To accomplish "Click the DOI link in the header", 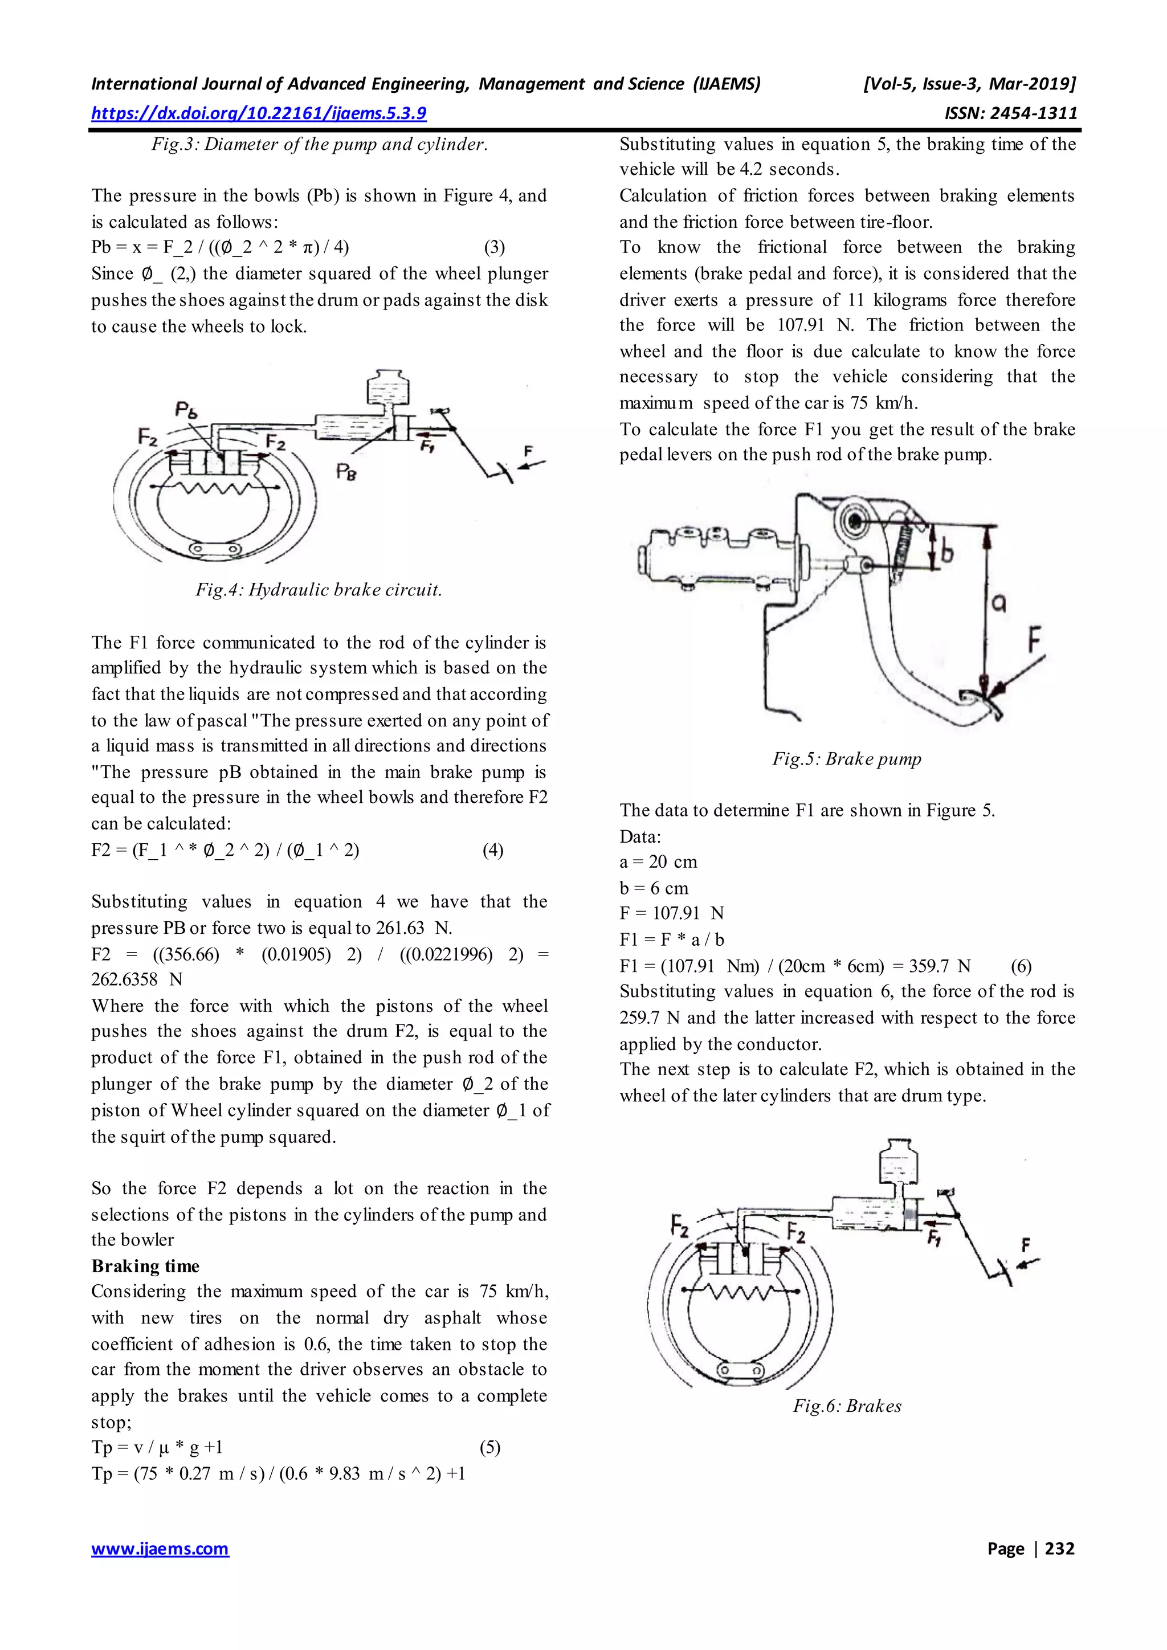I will click(259, 113).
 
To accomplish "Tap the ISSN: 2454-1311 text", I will click(1010, 113).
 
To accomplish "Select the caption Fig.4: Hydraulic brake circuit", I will click(319, 590).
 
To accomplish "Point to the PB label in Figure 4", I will click(346, 472).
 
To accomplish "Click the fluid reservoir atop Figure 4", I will click(387, 389).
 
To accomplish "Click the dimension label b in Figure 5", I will click(946, 552).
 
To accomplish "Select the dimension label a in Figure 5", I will click(998, 605).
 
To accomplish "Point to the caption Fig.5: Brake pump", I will click(847, 759).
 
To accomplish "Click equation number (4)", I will click(492, 850).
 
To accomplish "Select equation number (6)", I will click(1021, 966).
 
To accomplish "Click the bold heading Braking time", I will click(145, 1266).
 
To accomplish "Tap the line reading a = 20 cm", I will click(658, 861).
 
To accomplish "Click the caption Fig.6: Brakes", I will click(847, 1406).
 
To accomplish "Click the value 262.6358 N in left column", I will click(137, 979).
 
